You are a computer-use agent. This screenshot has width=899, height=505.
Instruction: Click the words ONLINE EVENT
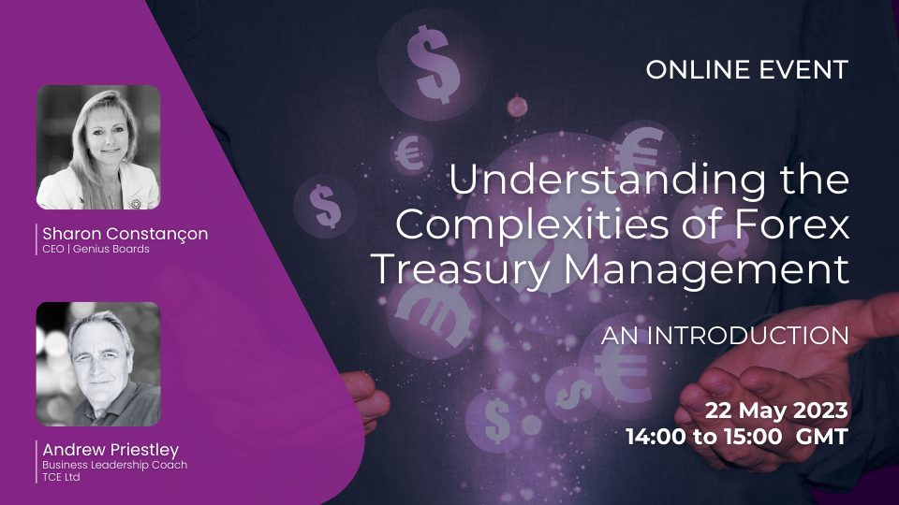747,70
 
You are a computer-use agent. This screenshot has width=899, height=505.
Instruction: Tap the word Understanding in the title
607,180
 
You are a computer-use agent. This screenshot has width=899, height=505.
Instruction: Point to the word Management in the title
706,269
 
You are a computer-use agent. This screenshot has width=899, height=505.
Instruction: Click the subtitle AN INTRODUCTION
725,336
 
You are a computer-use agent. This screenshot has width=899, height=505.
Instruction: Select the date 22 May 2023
776,411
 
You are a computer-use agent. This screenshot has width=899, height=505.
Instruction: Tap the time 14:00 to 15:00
704,437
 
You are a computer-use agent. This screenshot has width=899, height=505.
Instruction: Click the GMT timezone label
821,437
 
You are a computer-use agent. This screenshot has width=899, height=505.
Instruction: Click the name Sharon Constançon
125,234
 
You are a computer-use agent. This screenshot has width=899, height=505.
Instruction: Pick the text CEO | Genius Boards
96,249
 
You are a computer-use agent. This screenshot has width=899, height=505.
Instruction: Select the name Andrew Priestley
111,450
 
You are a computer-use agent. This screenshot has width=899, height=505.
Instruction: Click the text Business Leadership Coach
114,465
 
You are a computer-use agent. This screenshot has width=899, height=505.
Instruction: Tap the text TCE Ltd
61,477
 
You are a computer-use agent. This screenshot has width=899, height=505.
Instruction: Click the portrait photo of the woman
98,147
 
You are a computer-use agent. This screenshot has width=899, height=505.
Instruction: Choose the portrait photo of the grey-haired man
98,364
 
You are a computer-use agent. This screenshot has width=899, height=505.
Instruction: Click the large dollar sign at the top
434,65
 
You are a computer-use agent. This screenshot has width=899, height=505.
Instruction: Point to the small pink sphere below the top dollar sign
517,107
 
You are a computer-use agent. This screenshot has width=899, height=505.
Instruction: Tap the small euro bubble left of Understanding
411,153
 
